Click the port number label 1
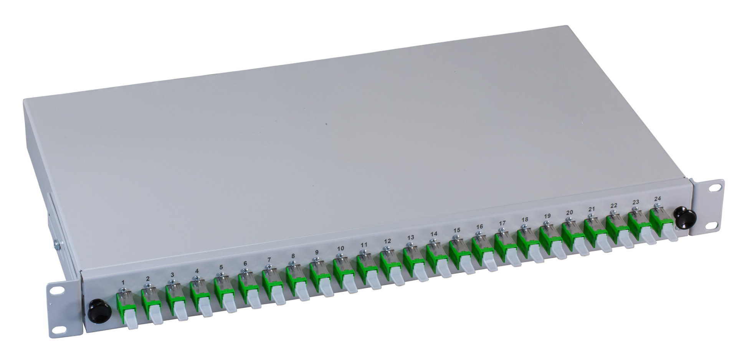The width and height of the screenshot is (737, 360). click(123, 282)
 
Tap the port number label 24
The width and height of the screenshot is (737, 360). click(658, 199)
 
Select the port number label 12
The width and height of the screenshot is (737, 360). click(387, 241)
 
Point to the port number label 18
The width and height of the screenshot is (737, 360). click(525, 220)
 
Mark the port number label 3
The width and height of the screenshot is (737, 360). click(172, 275)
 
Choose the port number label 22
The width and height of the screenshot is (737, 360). click(614, 206)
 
